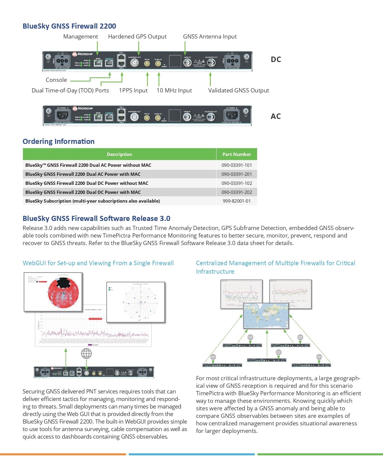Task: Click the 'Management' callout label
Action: point(80,37)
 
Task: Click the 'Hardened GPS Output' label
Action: point(137,37)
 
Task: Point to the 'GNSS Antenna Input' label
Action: point(210,37)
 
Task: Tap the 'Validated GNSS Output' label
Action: point(238,90)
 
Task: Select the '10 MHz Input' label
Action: point(174,90)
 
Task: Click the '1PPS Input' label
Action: point(133,90)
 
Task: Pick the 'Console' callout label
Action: point(56,80)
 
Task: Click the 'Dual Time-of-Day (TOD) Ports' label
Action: point(70,90)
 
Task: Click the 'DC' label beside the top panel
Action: point(276,59)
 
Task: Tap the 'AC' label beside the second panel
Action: point(276,116)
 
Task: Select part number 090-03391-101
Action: point(237,165)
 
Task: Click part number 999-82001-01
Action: point(237,201)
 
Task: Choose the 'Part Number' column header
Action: point(237,154)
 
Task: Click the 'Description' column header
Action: point(119,154)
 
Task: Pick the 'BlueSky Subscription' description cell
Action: point(92,201)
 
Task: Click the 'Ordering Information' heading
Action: point(58,141)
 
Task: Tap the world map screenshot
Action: point(266,315)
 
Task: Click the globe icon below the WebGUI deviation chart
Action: point(86,353)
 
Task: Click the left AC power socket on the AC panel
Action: point(63,115)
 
